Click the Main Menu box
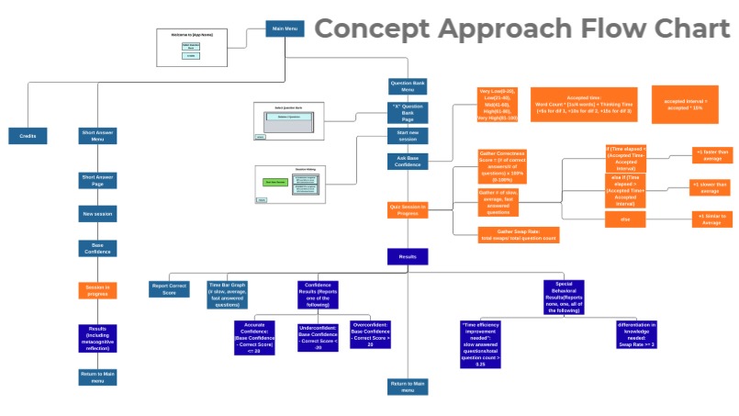coord(285,28)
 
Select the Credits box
coord(28,137)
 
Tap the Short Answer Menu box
coord(97,137)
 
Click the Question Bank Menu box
coord(408,87)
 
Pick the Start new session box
coord(408,135)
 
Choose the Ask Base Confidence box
coord(408,162)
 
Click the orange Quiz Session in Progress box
coord(408,209)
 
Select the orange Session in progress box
coord(97,290)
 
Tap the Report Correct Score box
coord(169,289)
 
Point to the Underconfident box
coord(318,337)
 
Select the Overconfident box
coord(371,335)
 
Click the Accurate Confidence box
coord(255,338)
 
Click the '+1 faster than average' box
coord(712,155)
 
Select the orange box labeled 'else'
coord(625,219)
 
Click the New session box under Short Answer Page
coord(97,213)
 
